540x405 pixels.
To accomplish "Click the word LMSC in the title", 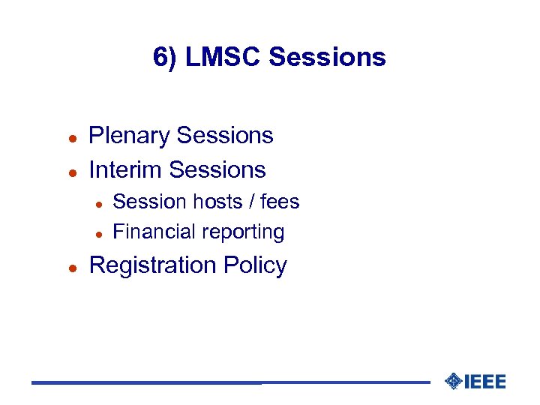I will (222, 57).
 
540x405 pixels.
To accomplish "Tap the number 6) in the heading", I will (165, 57).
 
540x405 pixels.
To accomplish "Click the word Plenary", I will (130, 136).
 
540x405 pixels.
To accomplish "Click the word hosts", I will (217, 202).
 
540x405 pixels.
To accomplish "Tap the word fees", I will (280, 202).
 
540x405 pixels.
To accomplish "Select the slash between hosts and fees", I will (252, 202).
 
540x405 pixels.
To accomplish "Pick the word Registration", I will (152, 266).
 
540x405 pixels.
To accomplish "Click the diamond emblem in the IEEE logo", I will (453, 382).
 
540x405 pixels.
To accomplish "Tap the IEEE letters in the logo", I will (485, 382).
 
